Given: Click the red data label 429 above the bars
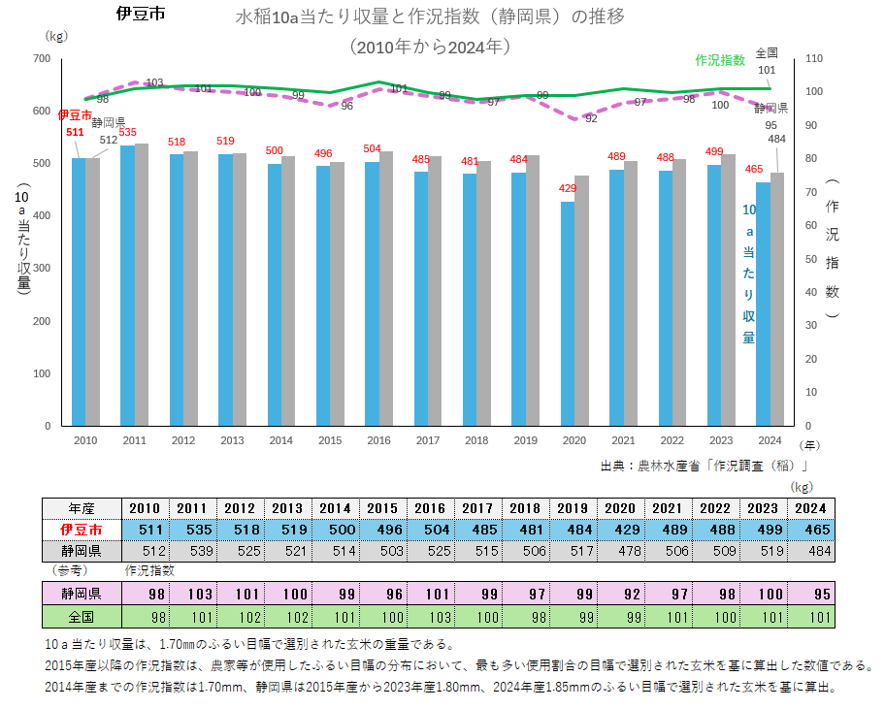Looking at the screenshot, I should point(568,189).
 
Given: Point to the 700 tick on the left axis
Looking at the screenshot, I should point(42,59).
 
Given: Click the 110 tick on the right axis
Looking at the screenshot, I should point(813,59).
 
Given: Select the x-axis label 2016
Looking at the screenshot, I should point(378,439).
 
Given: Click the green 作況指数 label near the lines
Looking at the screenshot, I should point(720,60).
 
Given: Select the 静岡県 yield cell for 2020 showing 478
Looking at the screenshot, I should point(621,551).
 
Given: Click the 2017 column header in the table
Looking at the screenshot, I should point(478,508).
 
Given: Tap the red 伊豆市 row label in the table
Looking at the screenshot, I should point(82,530).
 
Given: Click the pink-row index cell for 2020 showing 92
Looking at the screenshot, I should point(621,593).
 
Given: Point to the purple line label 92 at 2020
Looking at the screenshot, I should point(591,118).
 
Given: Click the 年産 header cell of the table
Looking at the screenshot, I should point(82,508).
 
